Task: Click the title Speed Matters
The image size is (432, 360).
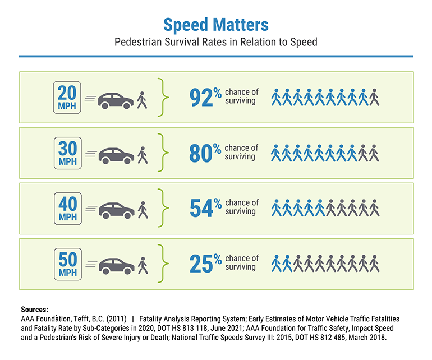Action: coord(215,24)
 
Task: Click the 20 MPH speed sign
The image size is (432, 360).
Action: coord(68,98)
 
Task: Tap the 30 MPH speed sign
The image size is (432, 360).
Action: coord(68,153)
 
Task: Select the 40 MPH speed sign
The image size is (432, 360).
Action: coord(68,208)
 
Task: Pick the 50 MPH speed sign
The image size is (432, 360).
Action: coord(68,263)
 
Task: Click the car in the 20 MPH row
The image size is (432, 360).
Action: coord(116,100)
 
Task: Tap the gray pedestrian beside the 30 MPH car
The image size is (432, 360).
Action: coord(143,155)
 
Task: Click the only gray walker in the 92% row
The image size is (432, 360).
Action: coord(374,98)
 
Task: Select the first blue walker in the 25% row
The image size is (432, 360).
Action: coord(276,263)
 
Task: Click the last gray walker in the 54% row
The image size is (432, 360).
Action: coord(374,208)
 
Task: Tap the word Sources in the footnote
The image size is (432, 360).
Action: coord(34,310)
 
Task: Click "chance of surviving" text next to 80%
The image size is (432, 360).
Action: coord(241,153)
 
